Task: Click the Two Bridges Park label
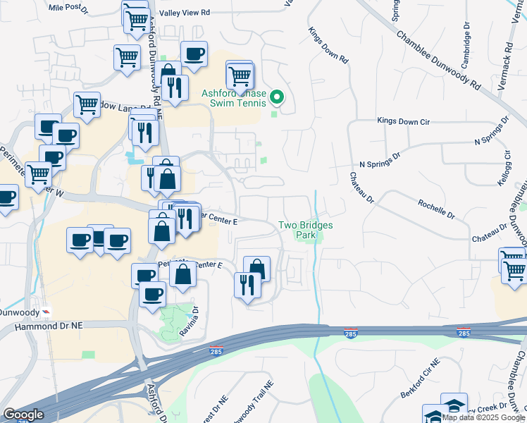tap(305, 231)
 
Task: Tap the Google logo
tap(23, 415)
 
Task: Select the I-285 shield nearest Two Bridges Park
tap(351, 331)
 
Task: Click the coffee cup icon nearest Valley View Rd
tap(194, 54)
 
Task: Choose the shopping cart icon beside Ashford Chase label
tap(240, 74)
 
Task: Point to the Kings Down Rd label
tap(328, 46)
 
